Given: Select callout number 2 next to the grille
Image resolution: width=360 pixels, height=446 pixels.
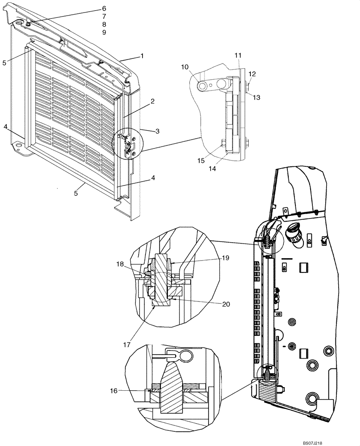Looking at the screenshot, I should [x=152, y=102].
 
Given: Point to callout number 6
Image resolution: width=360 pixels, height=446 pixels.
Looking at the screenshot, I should [x=104, y=8].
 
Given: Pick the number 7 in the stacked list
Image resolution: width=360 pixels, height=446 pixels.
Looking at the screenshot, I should [x=104, y=17].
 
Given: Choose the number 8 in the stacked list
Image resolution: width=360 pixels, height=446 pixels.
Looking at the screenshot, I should [x=104, y=25].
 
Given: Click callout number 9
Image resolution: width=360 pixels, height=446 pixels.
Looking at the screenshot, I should [x=104, y=33].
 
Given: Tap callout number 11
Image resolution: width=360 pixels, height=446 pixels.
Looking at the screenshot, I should [x=237, y=55].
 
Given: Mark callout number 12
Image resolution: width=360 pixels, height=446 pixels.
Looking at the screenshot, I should [x=252, y=74].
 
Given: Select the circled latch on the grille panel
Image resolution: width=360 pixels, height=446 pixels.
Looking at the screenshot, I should [x=128, y=144].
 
